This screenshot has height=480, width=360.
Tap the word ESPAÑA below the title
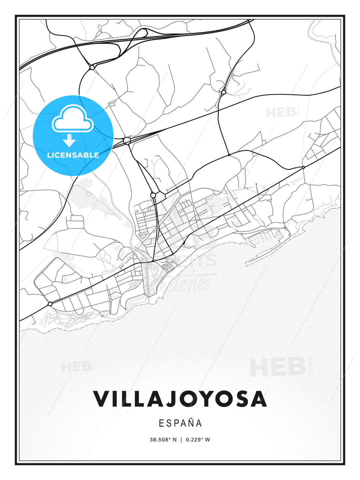coord(180,423)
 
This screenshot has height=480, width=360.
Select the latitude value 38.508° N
coord(163,439)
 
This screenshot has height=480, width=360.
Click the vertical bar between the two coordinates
coord(181,439)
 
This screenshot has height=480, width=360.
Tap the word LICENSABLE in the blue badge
coord(73,155)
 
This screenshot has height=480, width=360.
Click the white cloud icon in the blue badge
coord(73,118)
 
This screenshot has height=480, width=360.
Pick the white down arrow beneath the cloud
coord(69,140)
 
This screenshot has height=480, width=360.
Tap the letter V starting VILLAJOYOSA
coord(101,399)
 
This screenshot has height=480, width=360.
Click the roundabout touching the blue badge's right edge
coord(127,141)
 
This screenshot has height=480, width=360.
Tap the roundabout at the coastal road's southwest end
coord(50,304)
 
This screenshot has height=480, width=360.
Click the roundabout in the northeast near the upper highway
coord(223,91)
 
